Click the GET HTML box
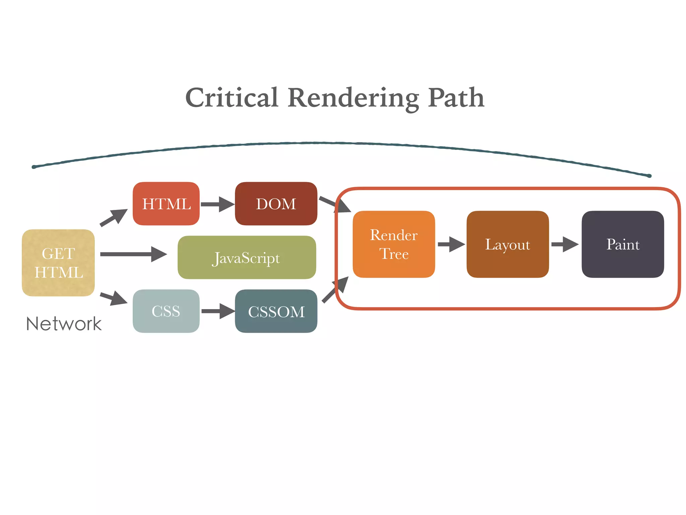click(58, 263)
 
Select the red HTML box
click(166, 204)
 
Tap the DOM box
click(276, 204)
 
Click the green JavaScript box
click(247, 257)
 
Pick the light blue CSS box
click(166, 311)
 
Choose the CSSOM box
click(276, 311)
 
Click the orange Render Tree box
click(394, 244)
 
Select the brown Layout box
click(507, 244)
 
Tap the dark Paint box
click(623, 244)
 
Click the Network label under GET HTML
click(64, 324)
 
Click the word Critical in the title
click(232, 98)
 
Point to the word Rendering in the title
click(353, 98)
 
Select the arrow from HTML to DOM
click(217, 204)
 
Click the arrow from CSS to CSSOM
click(218, 311)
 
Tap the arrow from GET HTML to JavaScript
click(133, 254)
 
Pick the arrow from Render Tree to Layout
click(451, 244)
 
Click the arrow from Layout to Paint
click(565, 244)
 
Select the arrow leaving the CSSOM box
click(335, 290)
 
